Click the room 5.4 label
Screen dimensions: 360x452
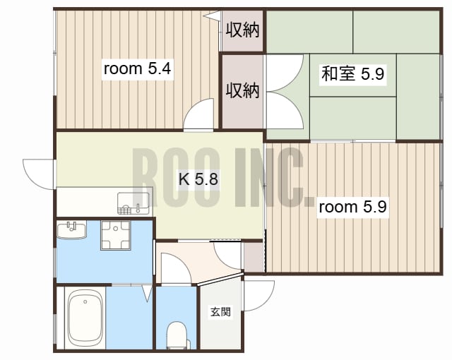point(138,69)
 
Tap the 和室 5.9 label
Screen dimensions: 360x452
point(352,73)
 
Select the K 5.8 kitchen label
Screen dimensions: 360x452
point(198,179)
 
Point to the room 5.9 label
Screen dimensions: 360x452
point(352,208)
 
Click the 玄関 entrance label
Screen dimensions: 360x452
point(220,311)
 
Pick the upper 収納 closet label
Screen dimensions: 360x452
point(242,30)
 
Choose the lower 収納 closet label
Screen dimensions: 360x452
point(242,90)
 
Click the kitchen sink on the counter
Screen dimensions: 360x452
point(133,203)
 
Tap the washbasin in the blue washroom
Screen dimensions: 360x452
point(71,230)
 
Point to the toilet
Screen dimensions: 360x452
point(176,335)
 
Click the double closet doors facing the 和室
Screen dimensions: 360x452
point(287,92)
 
